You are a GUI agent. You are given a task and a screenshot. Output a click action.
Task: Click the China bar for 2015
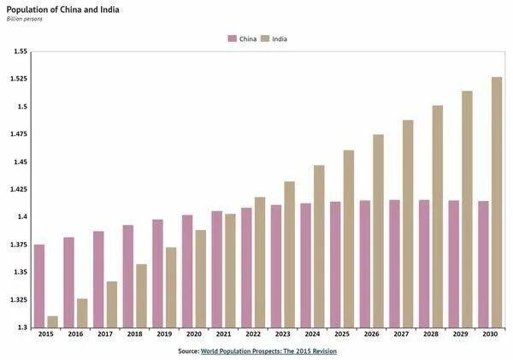pyautogui.click(x=39, y=286)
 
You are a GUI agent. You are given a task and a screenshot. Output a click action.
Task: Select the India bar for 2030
pyautogui.click(x=496, y=202)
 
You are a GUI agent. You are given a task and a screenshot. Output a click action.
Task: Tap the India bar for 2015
pyautogui.click(x=53, y=322)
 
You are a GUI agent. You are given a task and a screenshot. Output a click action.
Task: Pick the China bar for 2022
pyautogui.click(x=246, y=267)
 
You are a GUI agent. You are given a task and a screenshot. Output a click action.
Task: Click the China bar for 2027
pyautogui.click(x=394, y=263)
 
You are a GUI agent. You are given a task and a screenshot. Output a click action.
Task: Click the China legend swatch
pyautogui.click(x=232, y=38)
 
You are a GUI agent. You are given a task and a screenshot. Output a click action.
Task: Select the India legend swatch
pyautogui.click(x=265, y=38)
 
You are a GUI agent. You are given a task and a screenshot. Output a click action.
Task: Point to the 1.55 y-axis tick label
pyautogui.click(x=20, y=51)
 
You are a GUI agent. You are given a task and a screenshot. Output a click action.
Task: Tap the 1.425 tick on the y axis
pyautogui.click(x=18, y=189)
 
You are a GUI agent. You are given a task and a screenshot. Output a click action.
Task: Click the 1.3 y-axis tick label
pyautogui.click(x=21, y=327)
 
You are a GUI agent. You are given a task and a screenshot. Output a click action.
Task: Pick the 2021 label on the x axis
pyautogui.click(x=223, y=335)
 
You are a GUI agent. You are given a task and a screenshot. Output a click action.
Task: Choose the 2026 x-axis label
pyautogui.click(x=371, y=335)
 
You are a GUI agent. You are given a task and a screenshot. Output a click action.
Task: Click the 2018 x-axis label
pyautogui.click(x=134, y=335)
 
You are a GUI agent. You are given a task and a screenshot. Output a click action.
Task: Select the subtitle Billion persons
pyautogui.click(x=24, y=19)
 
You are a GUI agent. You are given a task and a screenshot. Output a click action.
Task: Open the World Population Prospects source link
pyautogui.click(x=268, y=351)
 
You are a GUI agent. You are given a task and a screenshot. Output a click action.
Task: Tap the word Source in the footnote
pyautogui.click(x=188, y=351)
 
